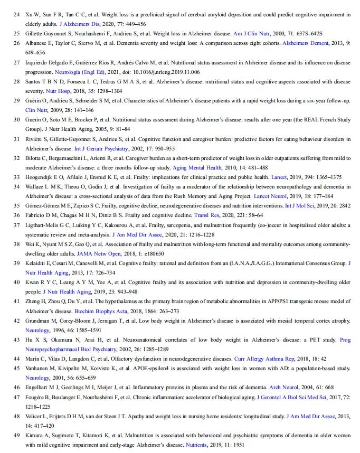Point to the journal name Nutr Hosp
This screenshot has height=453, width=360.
click(72, 91)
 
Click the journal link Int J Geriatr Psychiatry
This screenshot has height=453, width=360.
click(101, 148)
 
